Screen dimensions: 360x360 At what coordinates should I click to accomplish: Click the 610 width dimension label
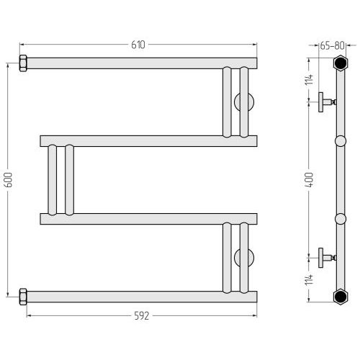click(138, 45)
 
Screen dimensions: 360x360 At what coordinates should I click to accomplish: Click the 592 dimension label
click(142, 316)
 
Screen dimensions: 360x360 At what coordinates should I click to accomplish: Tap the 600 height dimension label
click(8, 180)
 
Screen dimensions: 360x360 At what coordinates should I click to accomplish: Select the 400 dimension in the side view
click(310, 180)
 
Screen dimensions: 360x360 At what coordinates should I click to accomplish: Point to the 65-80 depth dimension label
click(333, 45)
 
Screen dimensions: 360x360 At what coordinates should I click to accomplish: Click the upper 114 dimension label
click(310, 79)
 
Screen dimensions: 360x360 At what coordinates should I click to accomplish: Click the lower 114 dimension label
click(310, 279)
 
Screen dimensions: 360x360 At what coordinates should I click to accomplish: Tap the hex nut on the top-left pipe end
click(23, 63)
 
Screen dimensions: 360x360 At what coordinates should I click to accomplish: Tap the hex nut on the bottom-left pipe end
click(23, 297)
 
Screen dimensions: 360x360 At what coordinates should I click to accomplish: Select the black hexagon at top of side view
click(341, 63)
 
